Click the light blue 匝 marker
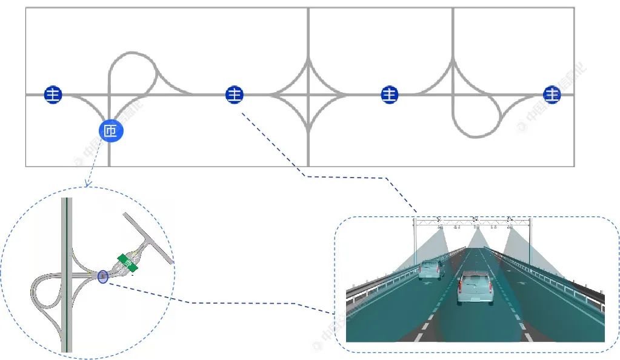coord(110,130)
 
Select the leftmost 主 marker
coord(53,95)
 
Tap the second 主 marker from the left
coord(235,95)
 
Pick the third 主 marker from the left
coord(390,95)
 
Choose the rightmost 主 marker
coord(552,95)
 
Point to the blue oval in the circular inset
coord(102,277)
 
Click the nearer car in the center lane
coord(475,287)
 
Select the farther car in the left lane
coord(431,269)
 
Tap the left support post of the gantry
coord(415,242)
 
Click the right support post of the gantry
coord(530,242)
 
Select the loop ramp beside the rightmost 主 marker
coord(479,121)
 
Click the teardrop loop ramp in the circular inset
coord(45,297)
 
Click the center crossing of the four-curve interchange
coord(308,95)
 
